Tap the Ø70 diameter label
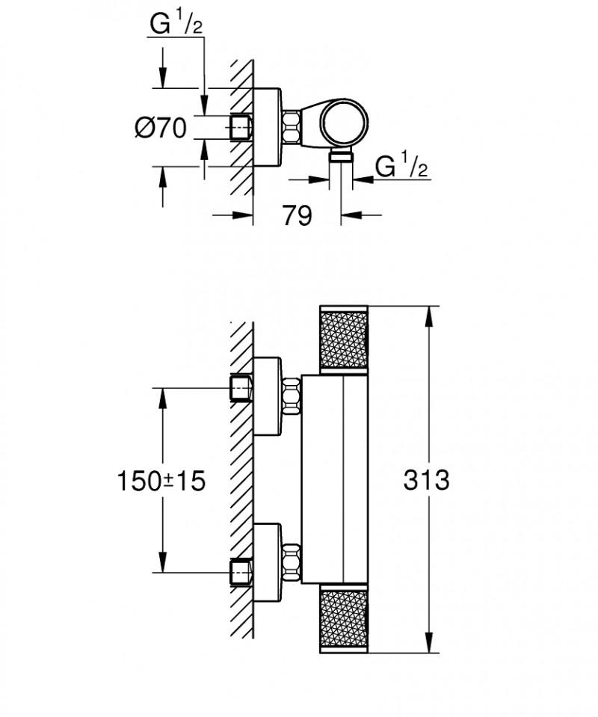(x=160, y=129)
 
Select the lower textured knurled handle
(x=343, y=621)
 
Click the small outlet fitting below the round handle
(x=342, y=155)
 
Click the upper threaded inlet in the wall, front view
(x=241, y=388)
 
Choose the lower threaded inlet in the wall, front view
(x=241, y=573)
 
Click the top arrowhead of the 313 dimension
(x=428, y=315)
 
